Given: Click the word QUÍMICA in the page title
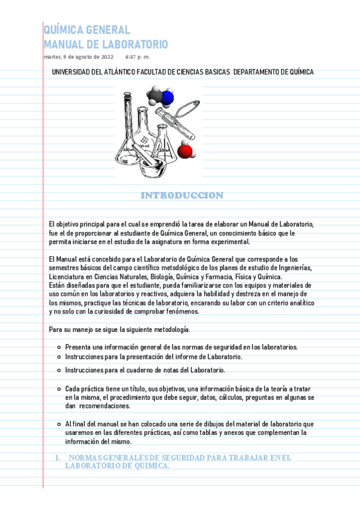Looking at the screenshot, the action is tap(63, 30).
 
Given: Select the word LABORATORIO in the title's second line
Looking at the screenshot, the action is tap(133, 45).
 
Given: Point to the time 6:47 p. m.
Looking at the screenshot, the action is tap(138, 57).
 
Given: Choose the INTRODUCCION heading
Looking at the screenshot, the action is tap(182, 195).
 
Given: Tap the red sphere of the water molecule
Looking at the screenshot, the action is tap(185, 150).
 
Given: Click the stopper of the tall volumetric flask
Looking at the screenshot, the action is tap(127, 94).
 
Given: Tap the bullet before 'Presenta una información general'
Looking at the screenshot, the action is tap(58, 347).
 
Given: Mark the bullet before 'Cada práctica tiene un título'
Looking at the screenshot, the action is tap(58, 390).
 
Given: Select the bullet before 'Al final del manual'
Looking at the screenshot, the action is tap(58, 424).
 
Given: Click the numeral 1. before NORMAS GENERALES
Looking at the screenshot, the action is tap(58, 458).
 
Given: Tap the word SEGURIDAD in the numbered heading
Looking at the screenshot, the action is tap(178, 458).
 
